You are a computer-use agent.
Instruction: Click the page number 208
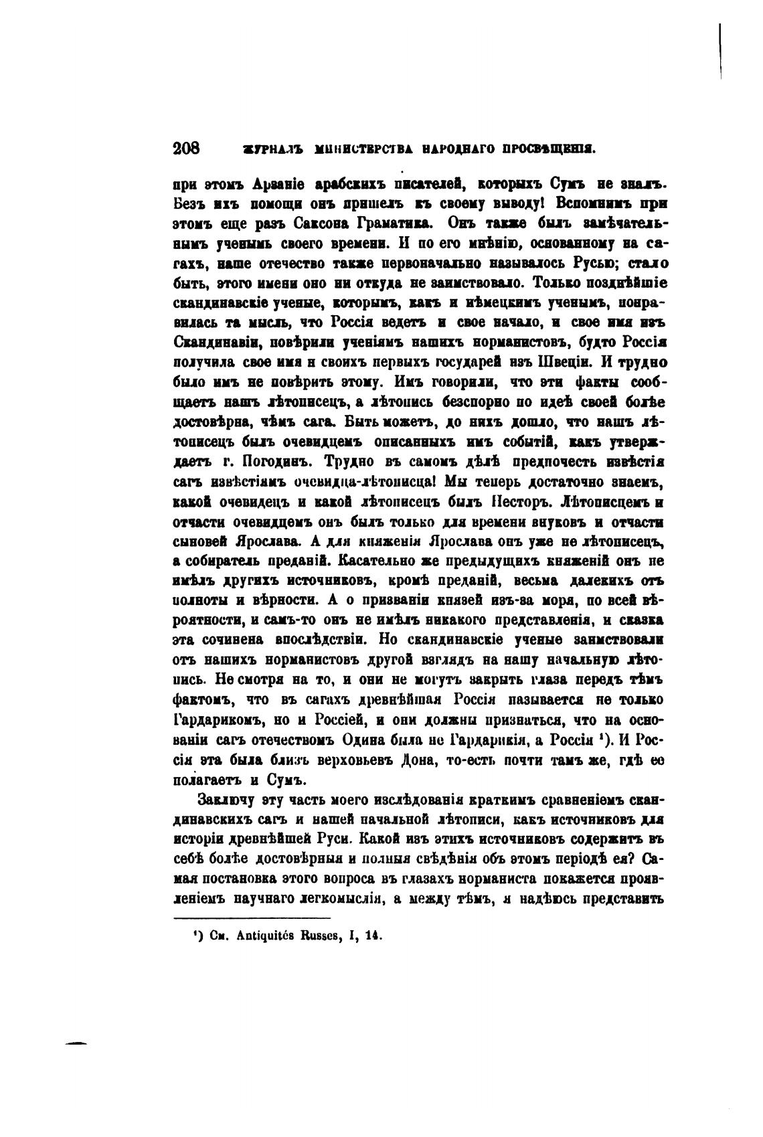[x=187, y=149]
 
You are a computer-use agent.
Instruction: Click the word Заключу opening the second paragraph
[x=225, y=800]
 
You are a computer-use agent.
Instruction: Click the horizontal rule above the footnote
[x=252, y=919]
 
